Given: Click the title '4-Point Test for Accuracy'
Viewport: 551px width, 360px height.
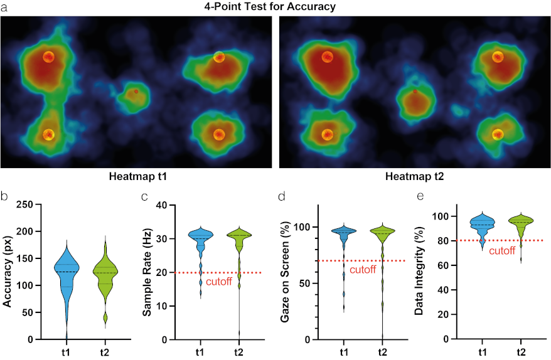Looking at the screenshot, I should (x=275, y=7).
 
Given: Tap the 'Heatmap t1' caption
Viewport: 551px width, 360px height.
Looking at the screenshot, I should (x=137, y=177).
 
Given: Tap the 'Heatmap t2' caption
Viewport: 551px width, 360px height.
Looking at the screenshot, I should (x=414, y=177).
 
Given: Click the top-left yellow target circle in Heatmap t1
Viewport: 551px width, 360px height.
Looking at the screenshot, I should (x=48, y=56).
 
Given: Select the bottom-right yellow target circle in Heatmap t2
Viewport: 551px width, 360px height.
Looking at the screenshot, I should (x=498, y=134).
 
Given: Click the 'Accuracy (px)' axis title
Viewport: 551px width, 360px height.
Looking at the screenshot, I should (x=8, y=272).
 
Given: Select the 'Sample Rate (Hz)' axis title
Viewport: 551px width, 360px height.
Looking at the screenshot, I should (x=147, y=272).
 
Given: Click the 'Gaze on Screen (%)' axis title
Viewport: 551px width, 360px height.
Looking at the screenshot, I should (x=285, y=272).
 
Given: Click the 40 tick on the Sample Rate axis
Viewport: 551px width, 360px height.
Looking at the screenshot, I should (x=163, y=205).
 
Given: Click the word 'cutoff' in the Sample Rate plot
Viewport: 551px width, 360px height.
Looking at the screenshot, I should (x=219, y=282).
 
